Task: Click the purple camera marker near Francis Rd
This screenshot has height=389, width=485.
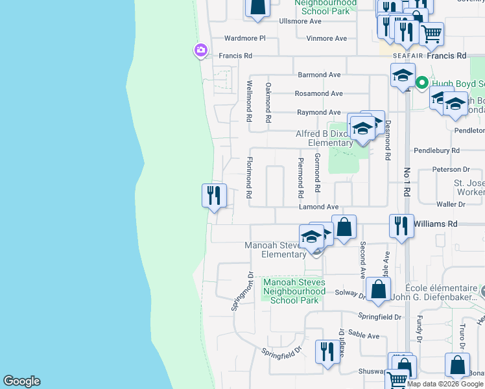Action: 200,50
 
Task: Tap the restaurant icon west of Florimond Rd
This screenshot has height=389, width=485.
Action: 214,195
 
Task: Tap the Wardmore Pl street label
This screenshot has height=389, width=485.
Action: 245,38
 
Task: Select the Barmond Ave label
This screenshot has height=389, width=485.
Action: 319,75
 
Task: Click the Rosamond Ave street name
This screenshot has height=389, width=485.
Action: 318,93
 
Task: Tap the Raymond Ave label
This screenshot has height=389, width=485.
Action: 318,112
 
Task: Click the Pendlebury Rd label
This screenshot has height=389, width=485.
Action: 438,150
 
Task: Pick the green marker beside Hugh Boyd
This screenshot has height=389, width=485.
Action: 421,83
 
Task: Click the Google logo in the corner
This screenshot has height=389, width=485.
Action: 21,381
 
